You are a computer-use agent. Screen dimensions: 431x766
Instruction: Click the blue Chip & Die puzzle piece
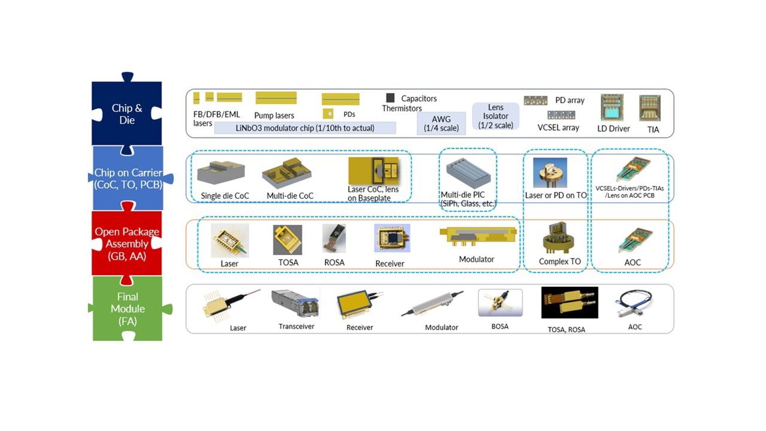coord(127,114)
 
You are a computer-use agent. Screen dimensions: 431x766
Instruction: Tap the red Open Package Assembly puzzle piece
coord(127,243)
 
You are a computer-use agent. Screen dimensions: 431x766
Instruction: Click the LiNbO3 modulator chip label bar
coord(305,128)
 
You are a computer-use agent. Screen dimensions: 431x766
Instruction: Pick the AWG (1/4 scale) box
coord(441,123)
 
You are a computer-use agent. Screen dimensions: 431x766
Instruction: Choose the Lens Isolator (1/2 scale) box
coord(496,116)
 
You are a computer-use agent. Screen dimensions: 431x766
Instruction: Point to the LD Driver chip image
coord(612,108)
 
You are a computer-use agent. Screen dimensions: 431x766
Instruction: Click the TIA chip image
coord(650,108)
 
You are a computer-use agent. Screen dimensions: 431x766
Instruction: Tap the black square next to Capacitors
coord(390,98)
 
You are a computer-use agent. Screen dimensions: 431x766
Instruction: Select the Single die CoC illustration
coord(221,172)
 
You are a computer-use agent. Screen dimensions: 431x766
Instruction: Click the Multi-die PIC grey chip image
coord(468,173)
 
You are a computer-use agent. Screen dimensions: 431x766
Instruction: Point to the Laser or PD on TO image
coord(550,173)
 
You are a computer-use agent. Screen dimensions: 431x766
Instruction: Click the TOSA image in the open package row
coord(287,239)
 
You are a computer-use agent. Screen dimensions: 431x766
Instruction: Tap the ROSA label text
coord(334,263)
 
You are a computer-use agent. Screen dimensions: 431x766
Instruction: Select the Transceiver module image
coord(295,304)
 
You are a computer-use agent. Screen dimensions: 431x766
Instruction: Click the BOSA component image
coord(500,303)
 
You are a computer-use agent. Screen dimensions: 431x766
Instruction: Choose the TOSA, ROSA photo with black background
coord(570,302)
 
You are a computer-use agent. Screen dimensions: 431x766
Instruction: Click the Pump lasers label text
coord(274,115)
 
